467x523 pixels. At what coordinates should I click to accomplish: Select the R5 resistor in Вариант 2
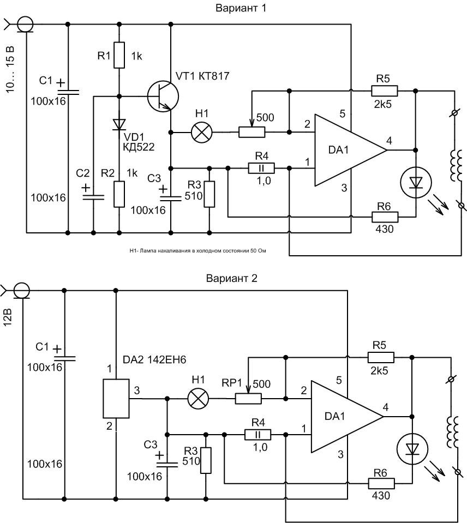(381, 357)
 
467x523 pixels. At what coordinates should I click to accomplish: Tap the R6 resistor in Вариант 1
(385, 218)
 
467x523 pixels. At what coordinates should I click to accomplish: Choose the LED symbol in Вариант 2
(411, 449)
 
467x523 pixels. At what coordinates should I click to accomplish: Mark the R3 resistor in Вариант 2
(206, 460)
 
